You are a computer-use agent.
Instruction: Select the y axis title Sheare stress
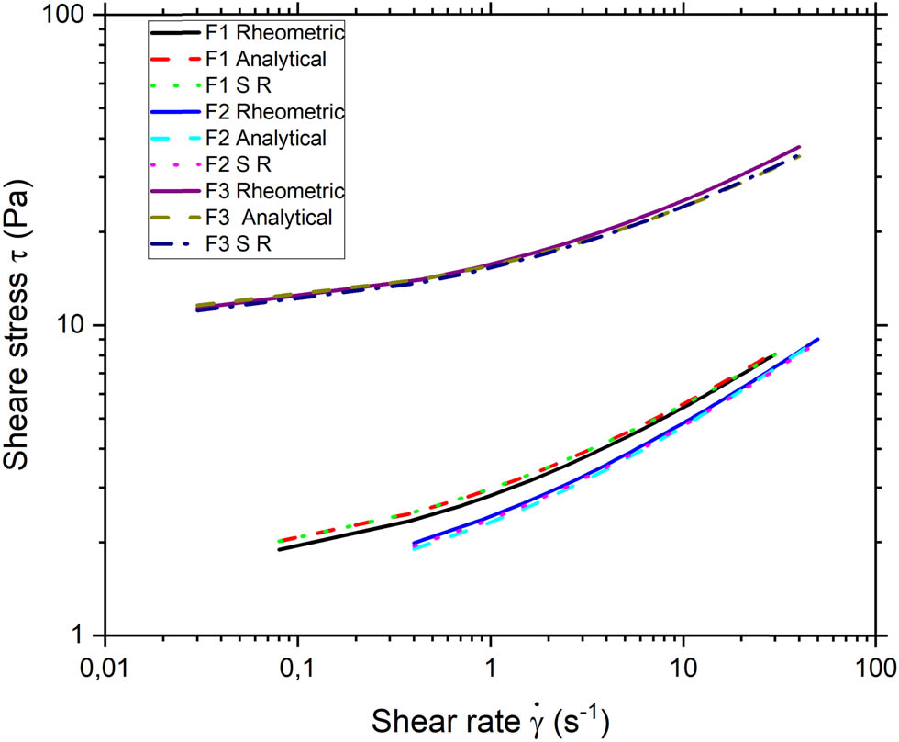tap(22, 326)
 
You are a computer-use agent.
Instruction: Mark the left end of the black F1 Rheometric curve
tap(279, 549)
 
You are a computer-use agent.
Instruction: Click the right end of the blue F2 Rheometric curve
tap(817, 339)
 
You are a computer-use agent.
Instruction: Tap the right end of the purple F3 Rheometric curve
tap(800, 146)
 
